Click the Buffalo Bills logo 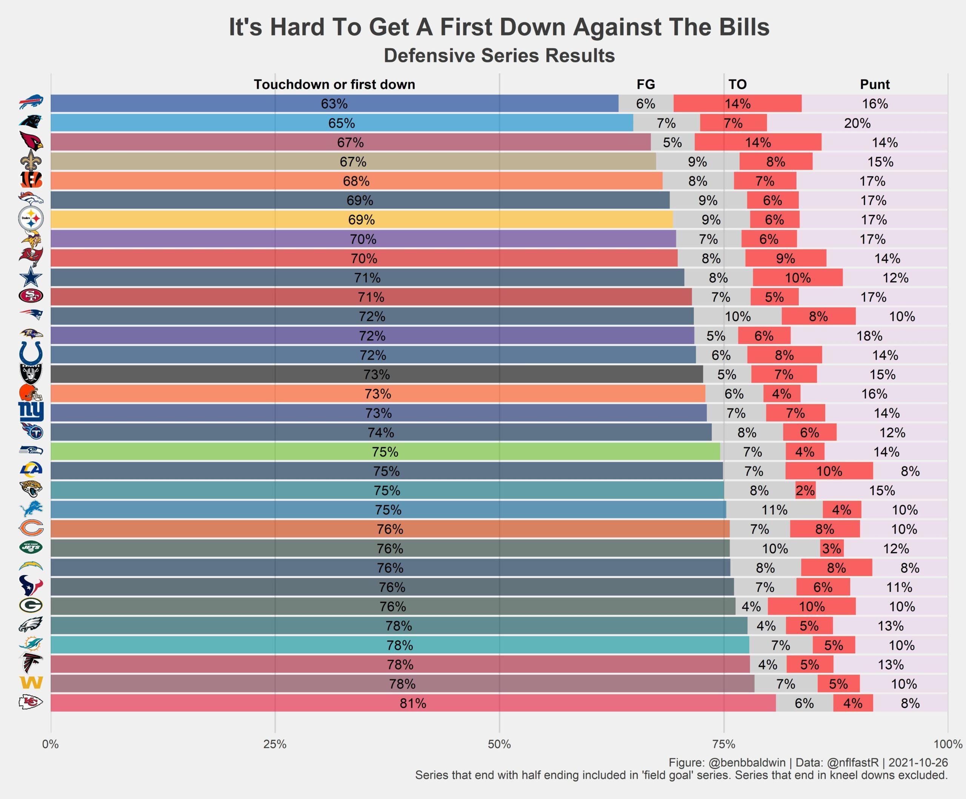(x=31, y=103)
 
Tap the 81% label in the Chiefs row (x=412, y=703)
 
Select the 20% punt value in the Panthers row (x=857, y=123)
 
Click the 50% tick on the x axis (x=499, y=744)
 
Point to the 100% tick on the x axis (x=948, y=744)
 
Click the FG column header (x=645, y=85)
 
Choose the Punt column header (x=874, y=85)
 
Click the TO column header (x=737, y=85)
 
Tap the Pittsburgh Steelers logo (x=31, y=219)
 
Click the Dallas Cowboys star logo (x=31, y=277)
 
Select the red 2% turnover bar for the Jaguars (x=805, y=491)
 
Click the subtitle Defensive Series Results (x=499, y=55)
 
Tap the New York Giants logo (x=31, y=412)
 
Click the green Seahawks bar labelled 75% (x=385, y=452)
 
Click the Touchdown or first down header (x=334, y=85)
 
